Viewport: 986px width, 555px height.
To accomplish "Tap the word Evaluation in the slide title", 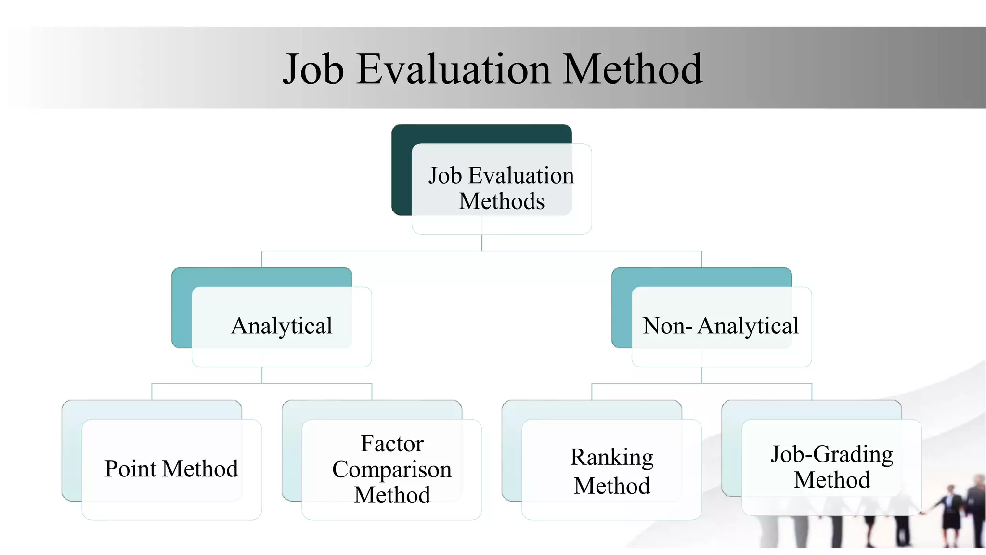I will (x=453, y=69).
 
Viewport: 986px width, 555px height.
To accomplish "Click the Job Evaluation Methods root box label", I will (x=501, y=188).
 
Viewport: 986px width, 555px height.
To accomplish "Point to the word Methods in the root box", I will (x=502, y=201).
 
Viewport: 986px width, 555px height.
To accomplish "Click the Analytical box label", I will (x=282, y=326).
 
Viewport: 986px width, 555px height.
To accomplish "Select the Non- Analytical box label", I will (x=721, y=326).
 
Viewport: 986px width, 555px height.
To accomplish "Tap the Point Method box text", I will (x=171, y=469).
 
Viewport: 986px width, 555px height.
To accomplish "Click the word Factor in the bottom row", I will (x=392, y=443).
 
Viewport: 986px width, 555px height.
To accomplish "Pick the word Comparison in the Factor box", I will (x=392, y=469).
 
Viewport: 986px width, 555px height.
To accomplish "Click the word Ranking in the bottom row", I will (x=611, y=457).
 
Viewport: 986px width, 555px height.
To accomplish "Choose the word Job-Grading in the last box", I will (x=831, y=454).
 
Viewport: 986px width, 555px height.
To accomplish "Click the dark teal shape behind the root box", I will (x=402, y=169).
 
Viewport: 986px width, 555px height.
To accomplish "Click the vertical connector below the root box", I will (x=482, y=242).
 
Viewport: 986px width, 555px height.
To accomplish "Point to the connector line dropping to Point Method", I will (x=152, y=391).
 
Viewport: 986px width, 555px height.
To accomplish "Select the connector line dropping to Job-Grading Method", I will (x=812, y=391).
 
